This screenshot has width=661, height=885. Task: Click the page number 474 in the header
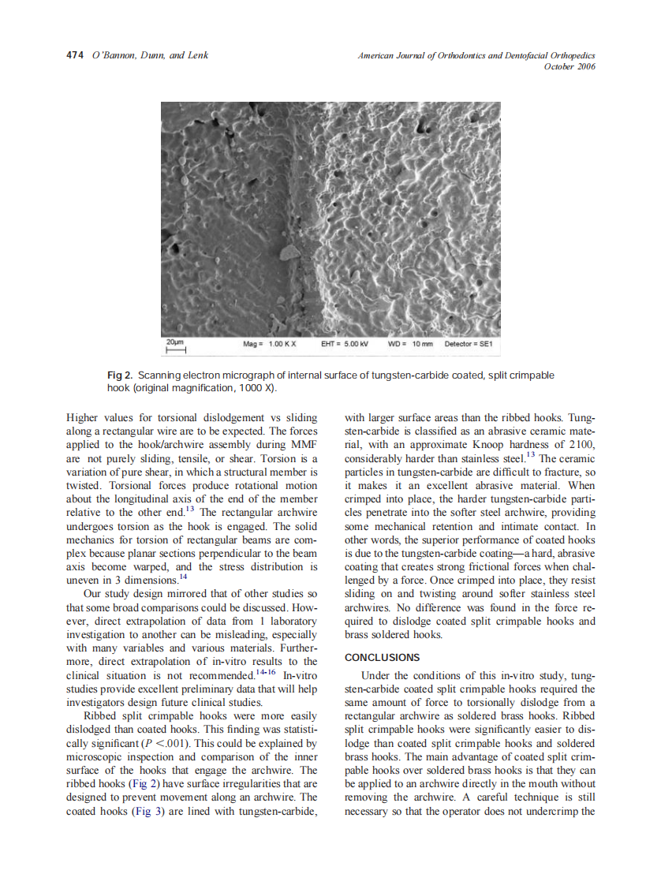(x=74, y=55)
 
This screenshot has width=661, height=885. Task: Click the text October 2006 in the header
(x=570, y=66)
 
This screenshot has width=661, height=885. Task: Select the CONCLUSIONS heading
(x=383, y=657)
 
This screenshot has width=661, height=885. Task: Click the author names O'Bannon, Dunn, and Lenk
(x=150, y=55)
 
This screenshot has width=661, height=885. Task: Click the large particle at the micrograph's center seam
(x=289, y=252)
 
